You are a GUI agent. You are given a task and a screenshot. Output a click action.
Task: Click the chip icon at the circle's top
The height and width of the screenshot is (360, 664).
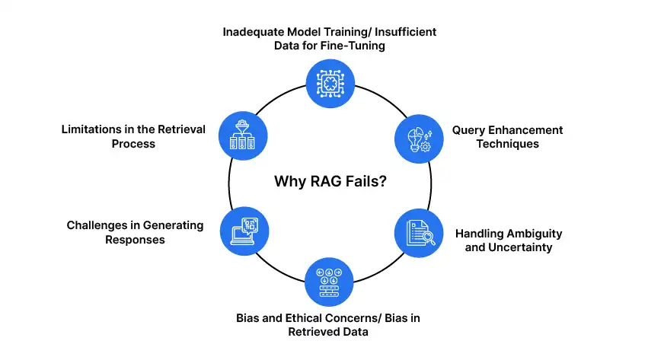tap(330, 84)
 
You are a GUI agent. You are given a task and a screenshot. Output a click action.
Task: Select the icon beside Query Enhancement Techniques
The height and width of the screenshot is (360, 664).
tap(418, 136)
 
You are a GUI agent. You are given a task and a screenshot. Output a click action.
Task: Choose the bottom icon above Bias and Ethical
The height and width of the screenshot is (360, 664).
tap(330, 282)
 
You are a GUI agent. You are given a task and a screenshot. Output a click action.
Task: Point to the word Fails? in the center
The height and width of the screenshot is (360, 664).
tap(364, 182)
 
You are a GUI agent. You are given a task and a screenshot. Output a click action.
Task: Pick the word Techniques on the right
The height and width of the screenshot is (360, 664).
tap(507, 144)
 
